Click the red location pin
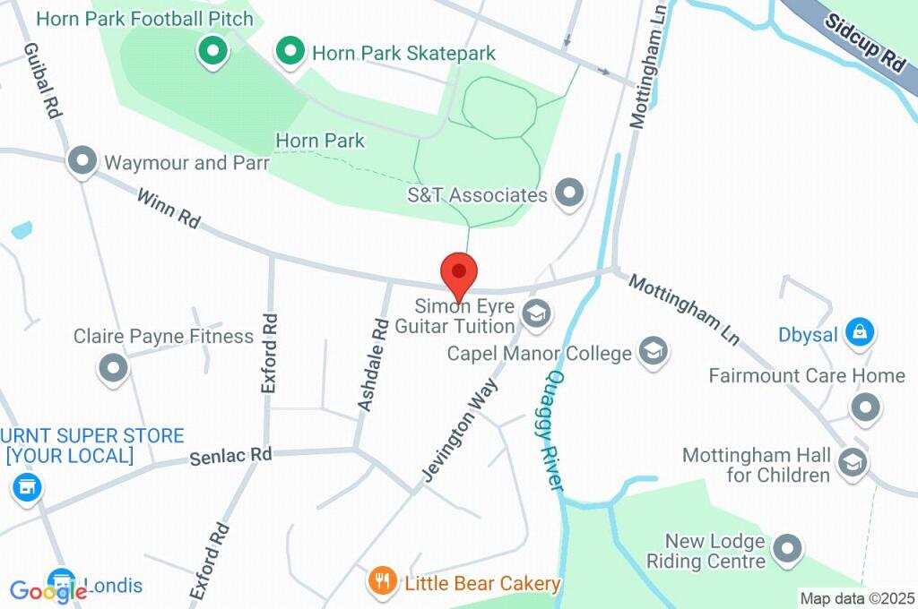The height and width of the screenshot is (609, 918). [459, 272]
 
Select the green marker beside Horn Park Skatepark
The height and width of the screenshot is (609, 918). [289, 52]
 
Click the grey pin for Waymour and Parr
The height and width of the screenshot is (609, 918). [82, 161]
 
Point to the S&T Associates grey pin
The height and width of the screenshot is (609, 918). [569, 192]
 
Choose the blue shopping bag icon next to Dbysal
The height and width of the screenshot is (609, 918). [860, 334]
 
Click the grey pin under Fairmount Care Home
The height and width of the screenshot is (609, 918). [865, 407]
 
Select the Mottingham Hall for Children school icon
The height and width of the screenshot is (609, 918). [853, 463]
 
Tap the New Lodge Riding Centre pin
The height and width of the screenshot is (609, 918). [787, 549]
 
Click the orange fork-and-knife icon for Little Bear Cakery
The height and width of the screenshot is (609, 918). [383, 582]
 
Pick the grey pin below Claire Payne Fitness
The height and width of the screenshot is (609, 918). [114, 367]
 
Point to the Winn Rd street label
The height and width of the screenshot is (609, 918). [168, 208]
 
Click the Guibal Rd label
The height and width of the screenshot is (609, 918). [42, 81]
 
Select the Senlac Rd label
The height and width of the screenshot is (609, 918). [230, 456]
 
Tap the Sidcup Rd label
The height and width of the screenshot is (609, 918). [864, 43]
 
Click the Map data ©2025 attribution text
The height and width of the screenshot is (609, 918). [856, 598]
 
